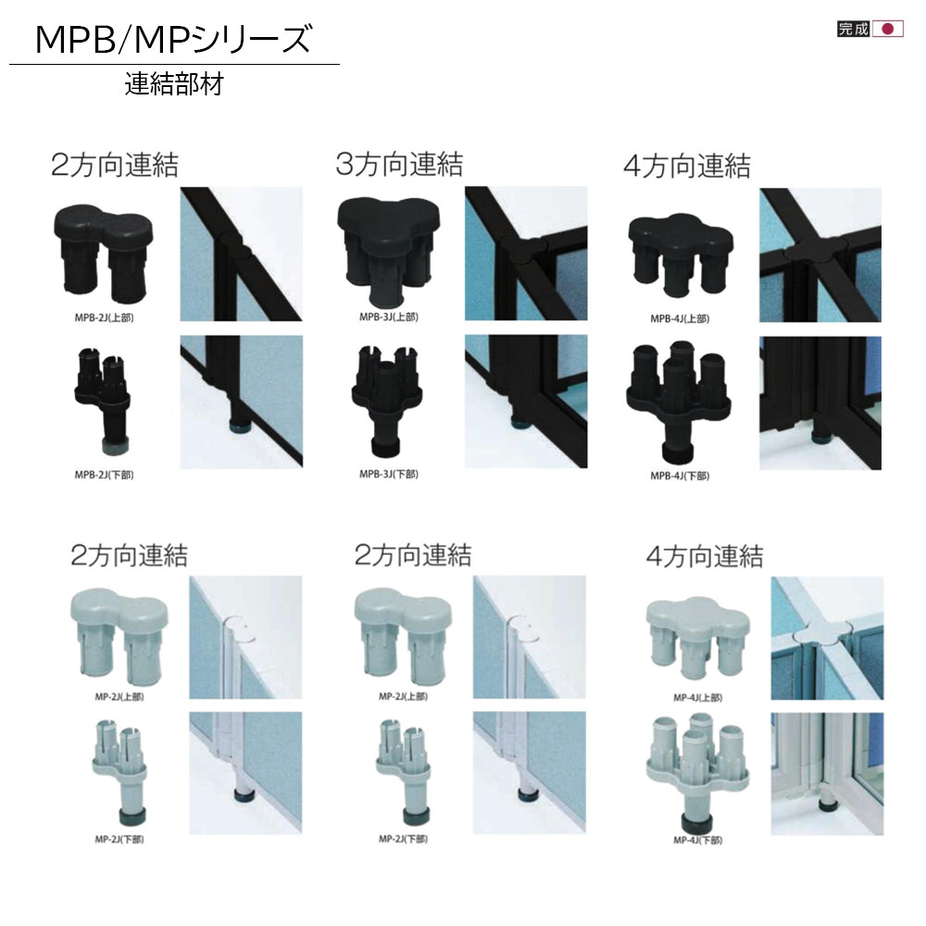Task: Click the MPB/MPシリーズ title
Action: (173, 40)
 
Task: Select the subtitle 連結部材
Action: (174, 84)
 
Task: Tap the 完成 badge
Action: (854, 29)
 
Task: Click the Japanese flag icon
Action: (888, 29)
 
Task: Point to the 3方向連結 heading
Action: (399, 164)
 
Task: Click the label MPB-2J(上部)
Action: (104, 318)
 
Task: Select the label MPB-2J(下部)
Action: (104, 475)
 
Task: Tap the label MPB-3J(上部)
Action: (389, 317)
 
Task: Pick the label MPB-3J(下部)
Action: (389, 474)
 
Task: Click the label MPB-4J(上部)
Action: (680, 319)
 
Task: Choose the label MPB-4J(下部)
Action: (680, 476)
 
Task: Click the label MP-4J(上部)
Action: (698, 698)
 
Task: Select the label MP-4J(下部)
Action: (698, 841)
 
